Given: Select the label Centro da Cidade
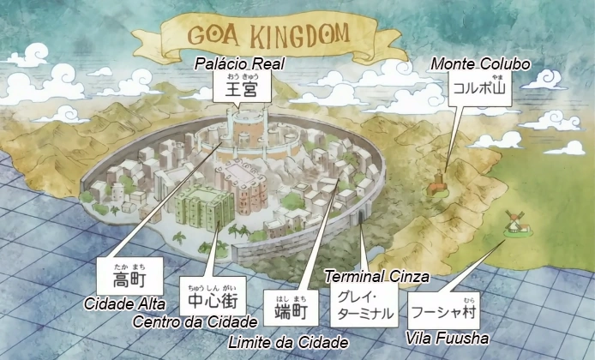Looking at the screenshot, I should tap(195, 321).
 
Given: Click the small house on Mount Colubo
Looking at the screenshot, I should tap(438, 183).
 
